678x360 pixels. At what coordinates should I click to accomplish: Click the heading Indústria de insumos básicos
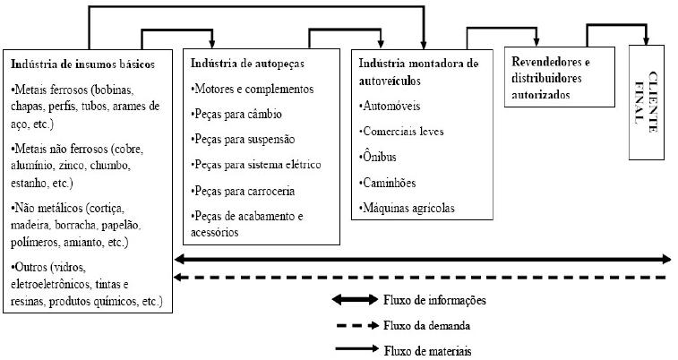tap(83, 64)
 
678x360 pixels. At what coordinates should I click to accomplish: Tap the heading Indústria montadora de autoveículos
tap(418, 72)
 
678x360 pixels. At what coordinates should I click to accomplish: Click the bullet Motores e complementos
tap(253, 90)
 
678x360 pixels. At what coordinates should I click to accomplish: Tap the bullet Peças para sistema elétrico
tap(256, 165)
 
